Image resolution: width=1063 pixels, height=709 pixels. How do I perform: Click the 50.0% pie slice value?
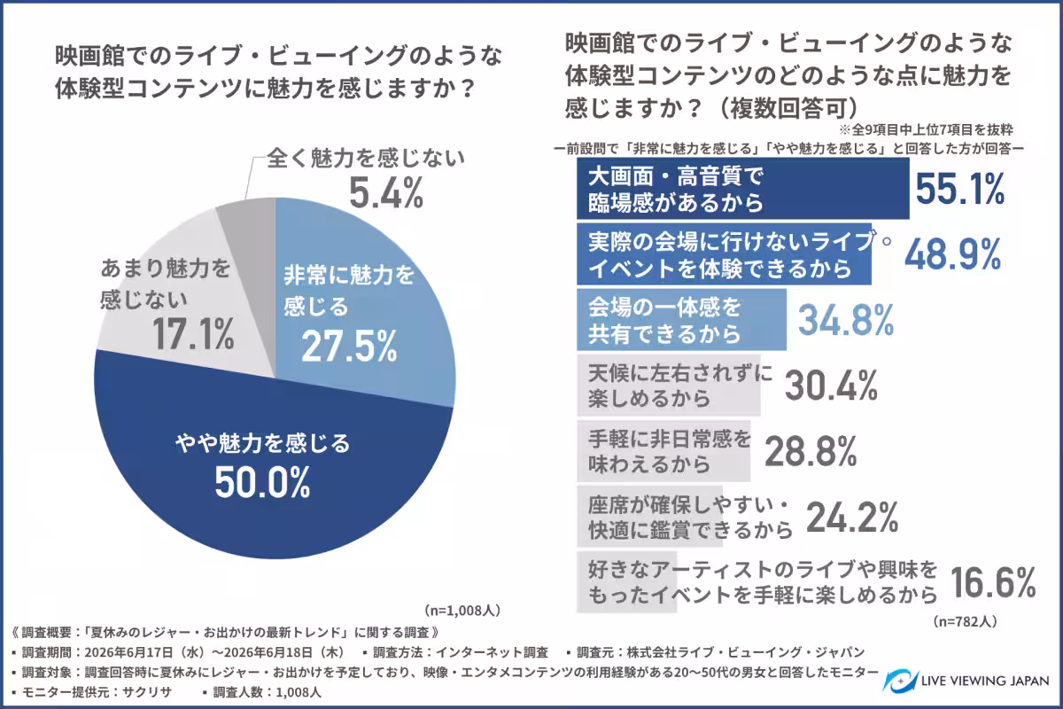click(262, 482)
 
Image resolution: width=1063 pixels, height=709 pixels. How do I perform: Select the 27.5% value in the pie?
click(349, 347)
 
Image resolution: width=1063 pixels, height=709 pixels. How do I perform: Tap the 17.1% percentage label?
click(193, 334)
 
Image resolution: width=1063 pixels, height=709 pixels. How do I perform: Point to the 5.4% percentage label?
click(386, 193)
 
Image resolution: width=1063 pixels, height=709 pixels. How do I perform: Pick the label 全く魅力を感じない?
click(366, 158)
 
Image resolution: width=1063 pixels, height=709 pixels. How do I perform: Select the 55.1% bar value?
click(959, 189)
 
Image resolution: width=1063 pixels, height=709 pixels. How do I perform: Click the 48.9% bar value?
click(953, 254)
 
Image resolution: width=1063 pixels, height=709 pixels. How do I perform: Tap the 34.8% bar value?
click(846, 320)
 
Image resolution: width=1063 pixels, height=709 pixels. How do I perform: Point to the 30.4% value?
click(831, 386)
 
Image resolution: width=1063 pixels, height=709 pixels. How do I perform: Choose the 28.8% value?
click(811, 451)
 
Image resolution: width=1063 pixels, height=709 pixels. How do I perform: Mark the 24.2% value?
click(852, 518)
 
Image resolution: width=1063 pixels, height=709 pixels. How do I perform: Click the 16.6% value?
click(993, 582)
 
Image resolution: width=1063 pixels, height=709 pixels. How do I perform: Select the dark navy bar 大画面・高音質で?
click(743, 189)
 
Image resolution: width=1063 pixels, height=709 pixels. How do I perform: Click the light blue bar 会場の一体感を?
click(681, 320)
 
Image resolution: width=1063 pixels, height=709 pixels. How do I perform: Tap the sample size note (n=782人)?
click(965, 621)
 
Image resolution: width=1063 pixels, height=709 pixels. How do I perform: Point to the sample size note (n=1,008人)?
click(462, 611)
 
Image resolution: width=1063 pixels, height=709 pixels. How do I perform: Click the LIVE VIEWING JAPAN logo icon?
click(899, 681)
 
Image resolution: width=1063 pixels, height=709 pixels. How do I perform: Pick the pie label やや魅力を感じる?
click(262, 443)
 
